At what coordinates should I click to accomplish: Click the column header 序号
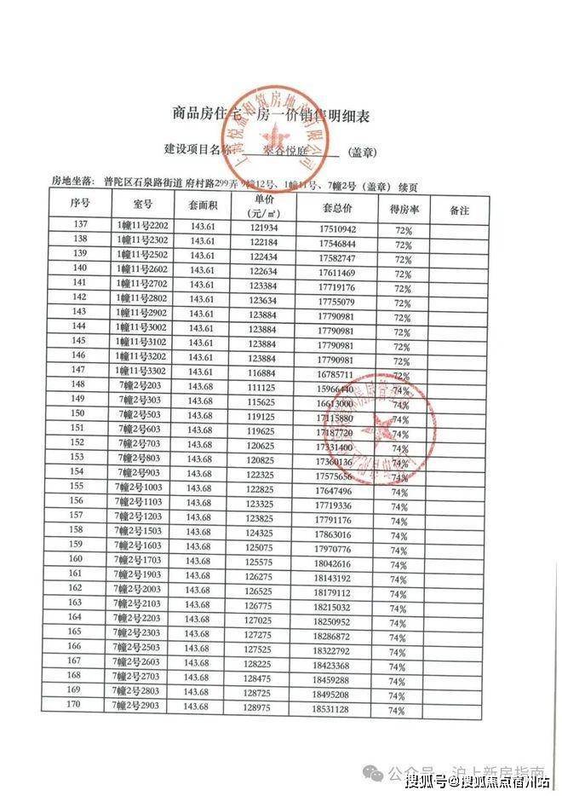tap(81, 205)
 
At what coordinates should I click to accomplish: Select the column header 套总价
tap(337, 208)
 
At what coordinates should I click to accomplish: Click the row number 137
tap(81, 226)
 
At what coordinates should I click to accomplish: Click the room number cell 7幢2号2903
tap(139, 707)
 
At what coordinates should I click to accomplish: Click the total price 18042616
tap(333, 564)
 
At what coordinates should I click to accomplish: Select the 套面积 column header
tap(203, 206)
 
